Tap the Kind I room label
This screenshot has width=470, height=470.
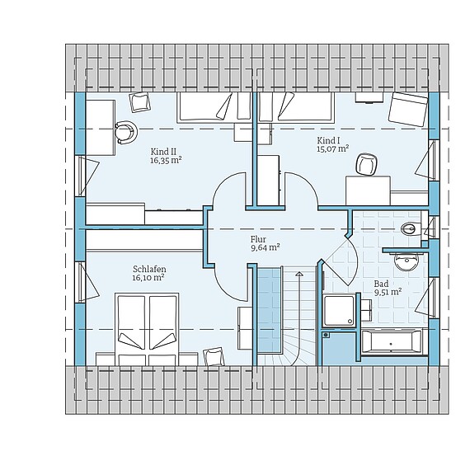pyautogui.click(x=328, y=140)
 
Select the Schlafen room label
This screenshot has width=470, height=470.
pyautogui.click(x=149, y=269)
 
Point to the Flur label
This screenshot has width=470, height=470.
pyautogui.click(x=258, y=239)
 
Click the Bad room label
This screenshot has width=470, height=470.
pyautogui.click(x=381, y=284)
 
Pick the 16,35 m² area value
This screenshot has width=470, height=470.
pyautogui.click(x=166, y=160)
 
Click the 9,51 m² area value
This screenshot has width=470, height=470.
pyautogui.click(x=388, y=292)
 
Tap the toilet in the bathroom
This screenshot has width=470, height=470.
pyautogui.click(x=411, y=229)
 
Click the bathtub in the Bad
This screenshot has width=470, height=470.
pyautogui.click(x=391, y=342)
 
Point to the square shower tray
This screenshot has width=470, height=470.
pyautogui.click(x=340, y=311)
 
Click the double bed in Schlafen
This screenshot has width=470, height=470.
pyautogui.click(x=147, y=329)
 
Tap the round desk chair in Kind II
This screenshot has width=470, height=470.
pyautogui.click(x=126, y=132)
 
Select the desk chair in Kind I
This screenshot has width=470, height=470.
pyautogui.click(x=366, y=163)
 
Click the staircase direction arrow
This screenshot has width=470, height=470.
pyautogui.click(x=299, y=317)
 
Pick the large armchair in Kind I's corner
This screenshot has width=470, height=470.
pyautogui.click(x=408, y=109)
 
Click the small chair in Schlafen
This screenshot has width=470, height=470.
pyautogui.click(x=214, y=357)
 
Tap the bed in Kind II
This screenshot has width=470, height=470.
pyautogui.click(x=214, y=107)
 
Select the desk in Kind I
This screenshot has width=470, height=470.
pyautogui.click(x=369, y=190)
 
